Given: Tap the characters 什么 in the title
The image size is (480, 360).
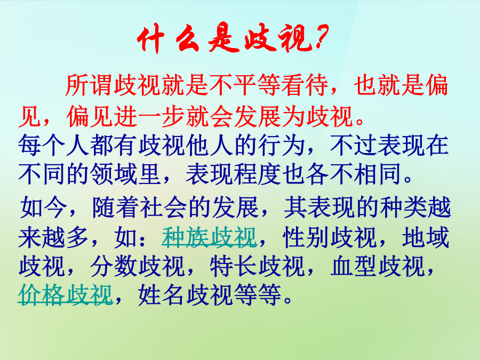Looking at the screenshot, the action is click(x=167, y=39).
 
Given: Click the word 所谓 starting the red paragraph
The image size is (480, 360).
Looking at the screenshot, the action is click(x=89, y=85).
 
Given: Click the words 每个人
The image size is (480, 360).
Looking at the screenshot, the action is click(x=54, y=145).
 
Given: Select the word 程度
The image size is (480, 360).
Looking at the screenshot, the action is click(x=258, y=174).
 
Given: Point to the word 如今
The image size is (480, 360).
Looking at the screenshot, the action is click(x=44, y=207).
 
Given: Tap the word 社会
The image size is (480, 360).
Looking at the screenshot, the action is click(x=163, y=207).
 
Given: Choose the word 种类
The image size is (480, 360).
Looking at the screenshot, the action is click(x=403, y=207).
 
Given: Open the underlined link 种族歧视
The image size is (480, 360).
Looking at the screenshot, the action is click(x=209, y=237).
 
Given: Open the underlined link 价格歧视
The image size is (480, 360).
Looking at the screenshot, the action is click(x=66, y=295).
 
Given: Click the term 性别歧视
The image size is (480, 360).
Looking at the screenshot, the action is click(x=330, y=237).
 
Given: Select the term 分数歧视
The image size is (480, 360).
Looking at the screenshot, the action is click(x=138, y=266).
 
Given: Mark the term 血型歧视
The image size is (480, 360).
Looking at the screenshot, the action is click(x=378, y=266).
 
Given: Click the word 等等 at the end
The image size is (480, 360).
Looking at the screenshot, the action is click(x=257, y=295).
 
